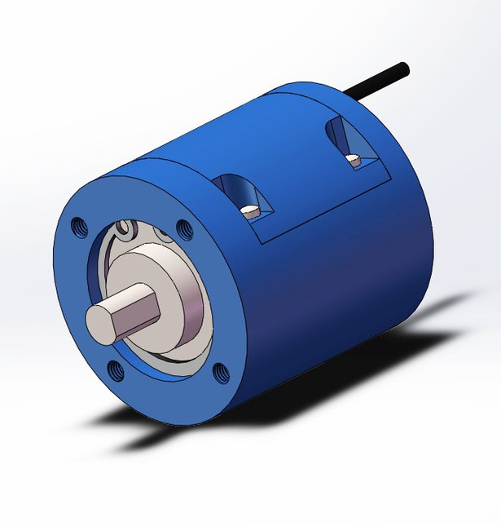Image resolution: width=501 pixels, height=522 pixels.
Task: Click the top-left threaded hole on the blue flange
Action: [79, 224]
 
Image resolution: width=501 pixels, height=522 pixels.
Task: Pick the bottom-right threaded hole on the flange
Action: [220, 374]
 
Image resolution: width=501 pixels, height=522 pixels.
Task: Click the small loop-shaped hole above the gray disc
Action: [124, 229]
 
